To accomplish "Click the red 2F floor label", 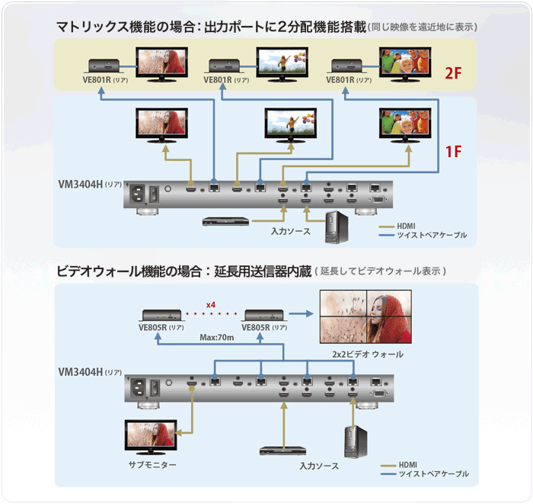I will (455, 72).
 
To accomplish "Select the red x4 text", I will (210, 306).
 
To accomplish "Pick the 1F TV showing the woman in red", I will (164, 122).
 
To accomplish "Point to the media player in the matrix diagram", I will (225, 221).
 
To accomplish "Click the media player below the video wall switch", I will (285, 450).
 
